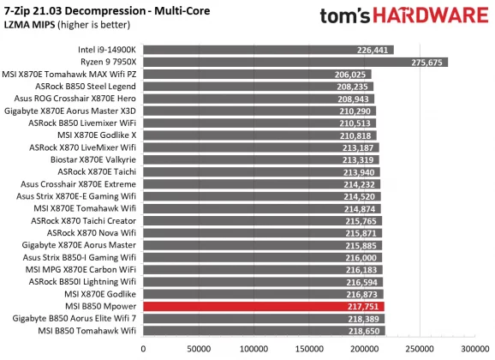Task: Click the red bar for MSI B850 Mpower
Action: [x=264, y=306]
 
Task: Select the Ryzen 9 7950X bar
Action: [x=295, y=62]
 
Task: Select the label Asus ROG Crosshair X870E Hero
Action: [x=73, y=99]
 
